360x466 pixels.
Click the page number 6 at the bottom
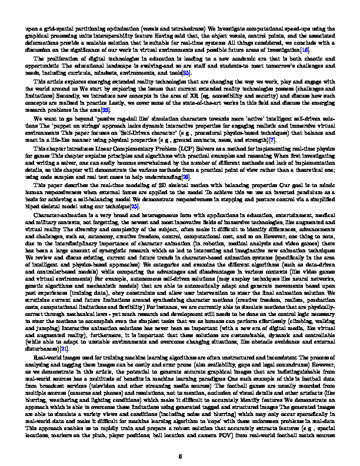pos(180,439)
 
